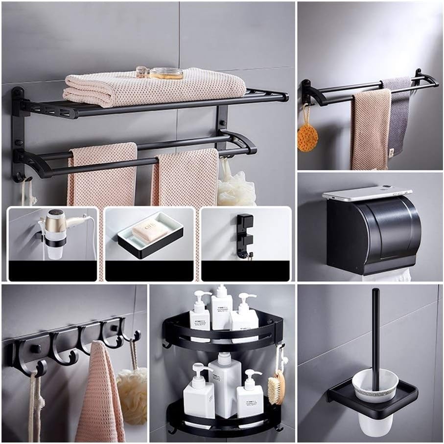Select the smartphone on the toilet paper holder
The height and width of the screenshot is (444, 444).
coord(366,193)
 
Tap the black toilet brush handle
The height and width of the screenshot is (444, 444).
coord(375,333)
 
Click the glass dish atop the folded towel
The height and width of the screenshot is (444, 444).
coord(166,73)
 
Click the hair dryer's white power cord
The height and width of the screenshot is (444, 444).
coord(93,240)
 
